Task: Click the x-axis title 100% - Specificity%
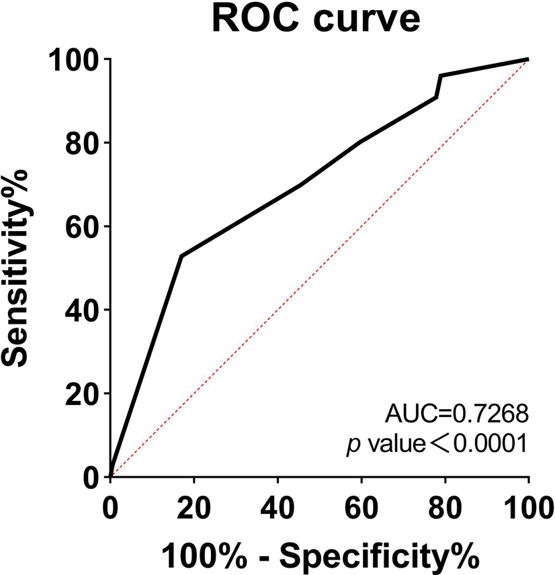[319, 556]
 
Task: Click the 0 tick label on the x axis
[111, 507]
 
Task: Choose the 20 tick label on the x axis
[194, 507]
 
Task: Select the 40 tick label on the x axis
[277, 507]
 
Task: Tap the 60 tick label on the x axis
[361, 507]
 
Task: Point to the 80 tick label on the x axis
[445, 507]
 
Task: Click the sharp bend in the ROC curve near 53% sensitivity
[181, 255]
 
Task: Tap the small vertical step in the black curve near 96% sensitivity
[439, 86]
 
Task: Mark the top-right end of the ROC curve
[528, 59]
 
